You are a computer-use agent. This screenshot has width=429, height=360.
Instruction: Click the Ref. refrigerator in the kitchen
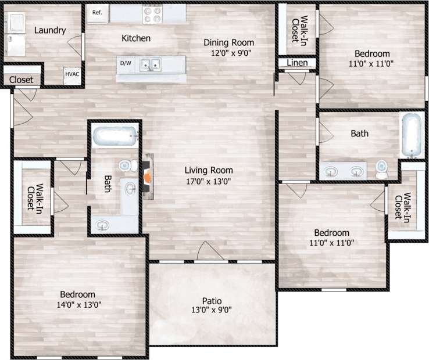[97, 13]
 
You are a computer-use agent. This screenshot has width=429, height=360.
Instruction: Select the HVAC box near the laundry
[72, 75]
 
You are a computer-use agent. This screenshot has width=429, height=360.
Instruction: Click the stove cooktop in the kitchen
[153, 12]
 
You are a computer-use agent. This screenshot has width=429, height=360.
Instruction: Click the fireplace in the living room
[149, 175]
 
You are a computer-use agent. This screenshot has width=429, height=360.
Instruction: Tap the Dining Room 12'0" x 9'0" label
[228, 47]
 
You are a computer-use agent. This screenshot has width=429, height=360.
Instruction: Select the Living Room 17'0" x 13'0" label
[209, 175]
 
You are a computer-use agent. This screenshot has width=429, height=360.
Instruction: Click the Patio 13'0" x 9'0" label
[212, 305]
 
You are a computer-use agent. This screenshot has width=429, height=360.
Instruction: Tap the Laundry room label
[49, 30]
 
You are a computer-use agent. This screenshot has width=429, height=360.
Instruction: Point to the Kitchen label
[136, 39]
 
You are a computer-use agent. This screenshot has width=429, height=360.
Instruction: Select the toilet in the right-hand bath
[382, 169]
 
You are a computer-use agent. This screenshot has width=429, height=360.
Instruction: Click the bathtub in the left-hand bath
[115, 137]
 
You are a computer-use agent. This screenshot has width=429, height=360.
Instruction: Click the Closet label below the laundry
[21, 80]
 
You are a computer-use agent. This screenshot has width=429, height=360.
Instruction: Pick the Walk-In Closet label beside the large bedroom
[33, 198]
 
